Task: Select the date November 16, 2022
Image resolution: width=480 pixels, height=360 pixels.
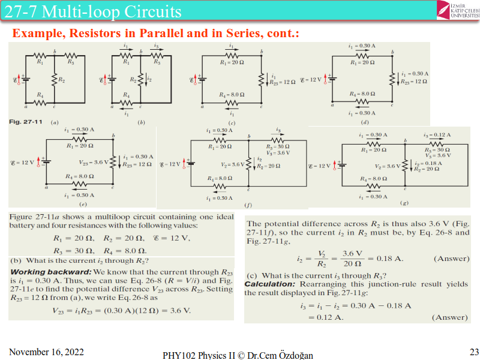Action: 47,351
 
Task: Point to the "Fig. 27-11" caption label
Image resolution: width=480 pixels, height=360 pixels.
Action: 25,122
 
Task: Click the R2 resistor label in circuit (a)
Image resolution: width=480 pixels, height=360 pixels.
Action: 61,80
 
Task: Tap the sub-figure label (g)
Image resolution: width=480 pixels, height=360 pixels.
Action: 404,203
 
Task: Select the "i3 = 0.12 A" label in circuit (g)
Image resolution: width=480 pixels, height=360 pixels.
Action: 437,135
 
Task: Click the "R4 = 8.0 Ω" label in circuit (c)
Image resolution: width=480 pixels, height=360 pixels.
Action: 232,94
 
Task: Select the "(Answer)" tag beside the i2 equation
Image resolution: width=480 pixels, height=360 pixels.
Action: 451,259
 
